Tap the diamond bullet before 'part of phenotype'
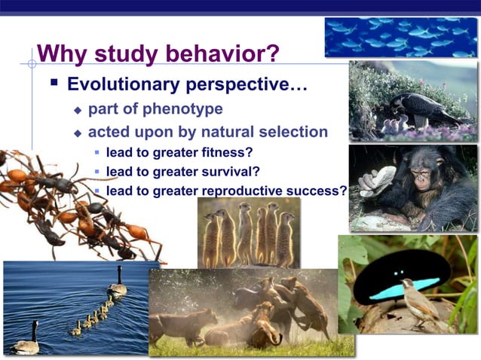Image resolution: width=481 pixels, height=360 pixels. pyautogui.click(x=77, y=110)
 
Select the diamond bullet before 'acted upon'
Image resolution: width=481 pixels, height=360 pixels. pyautogui.click(x=77, y=133)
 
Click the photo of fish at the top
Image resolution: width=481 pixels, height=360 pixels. pyautogui.click(x=400, y=37)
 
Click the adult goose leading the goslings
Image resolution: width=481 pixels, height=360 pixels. pyautogui.click(x=118, y=283)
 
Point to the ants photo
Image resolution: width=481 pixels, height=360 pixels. pyautogui.click(x=75, y=203)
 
